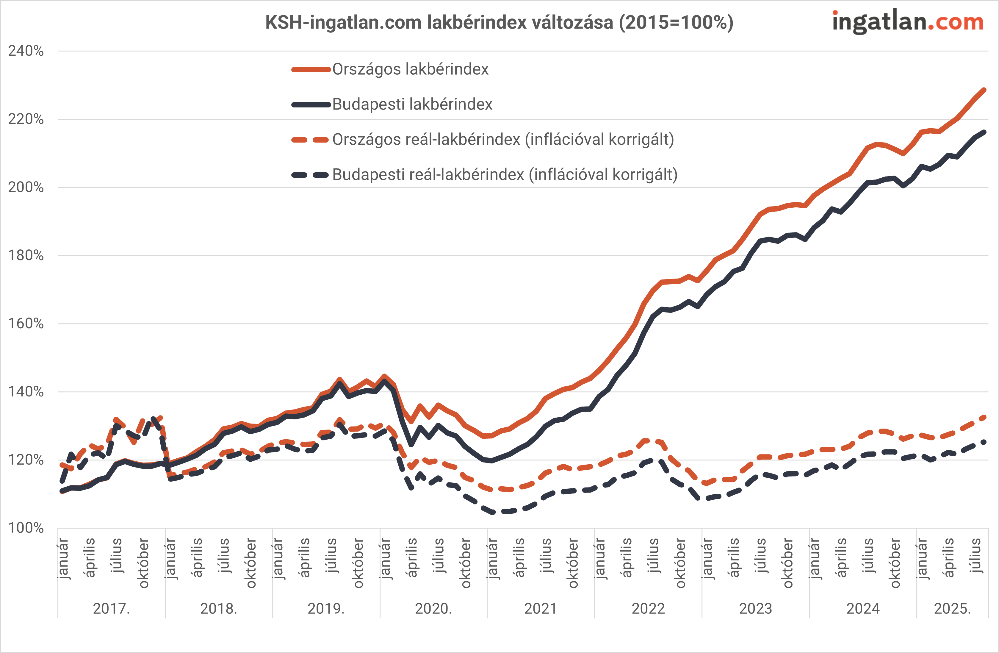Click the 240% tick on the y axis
pyautogui.click(x=26, y=51)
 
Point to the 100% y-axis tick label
pyautogui.click(x=26, y=528)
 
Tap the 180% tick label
pyautogui.click(x=26, y=255)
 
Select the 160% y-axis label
pyautogui.click(x=26, y=323)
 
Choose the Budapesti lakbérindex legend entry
pyautogui.click(x=412, y=104)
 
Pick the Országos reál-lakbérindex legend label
pyautogui.click(x=503, y=139)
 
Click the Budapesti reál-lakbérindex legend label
pyautogui.click(x=505, y=175)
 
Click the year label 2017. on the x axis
pyautogui.click(x=111, y=608)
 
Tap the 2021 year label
pyautogui.click(x=541, y=608)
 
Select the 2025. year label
pyautogui.click(x=952, y=608)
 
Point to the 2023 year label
pyautogui.click(x=756, y=608)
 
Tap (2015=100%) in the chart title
pyautogui.click(x=676, y=22)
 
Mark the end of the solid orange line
pyautogui.click(x=984, y=90)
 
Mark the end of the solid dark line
pyautogui.click(x=984, y=132)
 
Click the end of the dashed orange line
pyautogui.click(x=984, y=417)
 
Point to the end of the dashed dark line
pyautogui.click(x=984, y=442)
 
